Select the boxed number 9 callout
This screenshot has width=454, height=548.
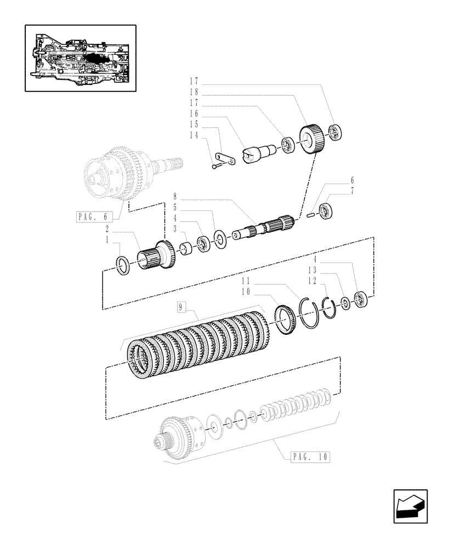[181, 307]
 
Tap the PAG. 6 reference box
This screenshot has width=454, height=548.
[91, 216]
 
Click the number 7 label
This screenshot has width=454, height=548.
[352, 191]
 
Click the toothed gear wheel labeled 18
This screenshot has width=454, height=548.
[313, 142]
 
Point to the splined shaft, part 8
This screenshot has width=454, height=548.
[264, 227]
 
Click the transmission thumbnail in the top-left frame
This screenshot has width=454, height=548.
[80, 58]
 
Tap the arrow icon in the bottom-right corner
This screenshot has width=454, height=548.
[410, 507]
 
